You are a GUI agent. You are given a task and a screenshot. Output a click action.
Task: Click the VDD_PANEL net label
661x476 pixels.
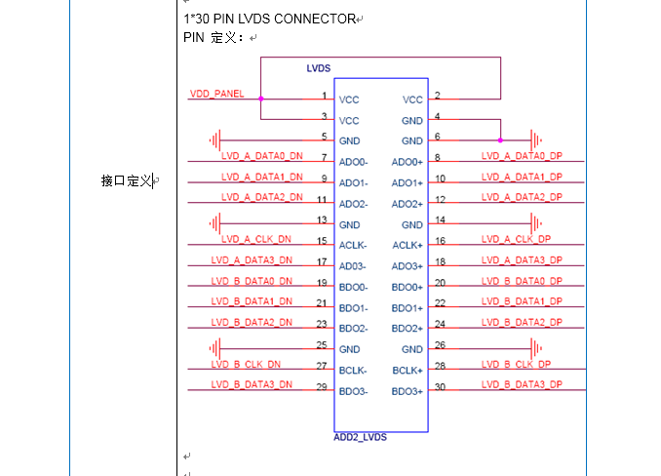coord(216,94)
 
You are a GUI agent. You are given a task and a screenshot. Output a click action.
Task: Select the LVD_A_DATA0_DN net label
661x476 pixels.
coord(262,156)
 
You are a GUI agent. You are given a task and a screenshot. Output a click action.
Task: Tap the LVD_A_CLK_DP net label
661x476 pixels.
coord(516,239)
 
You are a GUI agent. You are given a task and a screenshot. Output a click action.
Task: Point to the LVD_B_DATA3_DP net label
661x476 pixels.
coord(522,385)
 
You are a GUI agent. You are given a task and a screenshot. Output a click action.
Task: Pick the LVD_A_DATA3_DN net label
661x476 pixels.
coord(252,260)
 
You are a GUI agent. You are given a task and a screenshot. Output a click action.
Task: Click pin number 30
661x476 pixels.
coord(441,387)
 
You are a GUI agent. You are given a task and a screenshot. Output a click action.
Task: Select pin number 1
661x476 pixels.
coord(324,96)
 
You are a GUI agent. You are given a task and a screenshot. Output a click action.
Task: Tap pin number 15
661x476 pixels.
coord(322,241)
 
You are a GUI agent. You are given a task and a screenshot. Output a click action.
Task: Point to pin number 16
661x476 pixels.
coord(441,241)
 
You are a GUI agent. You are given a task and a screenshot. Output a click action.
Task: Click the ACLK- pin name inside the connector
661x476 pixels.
coord(353,246)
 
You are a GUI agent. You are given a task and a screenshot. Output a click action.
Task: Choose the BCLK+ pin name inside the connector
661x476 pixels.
coord(408,371)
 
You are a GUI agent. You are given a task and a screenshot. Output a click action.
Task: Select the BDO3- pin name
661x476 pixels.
coord(353,392)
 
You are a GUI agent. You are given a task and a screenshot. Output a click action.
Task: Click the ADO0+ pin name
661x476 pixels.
coord(408,162)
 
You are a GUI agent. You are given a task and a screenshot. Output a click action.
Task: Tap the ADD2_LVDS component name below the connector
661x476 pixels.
coord(360,437)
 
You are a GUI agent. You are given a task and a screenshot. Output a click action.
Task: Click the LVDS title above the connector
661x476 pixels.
coord(319,68)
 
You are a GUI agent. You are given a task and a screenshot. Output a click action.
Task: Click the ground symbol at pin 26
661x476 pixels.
coord(535,348)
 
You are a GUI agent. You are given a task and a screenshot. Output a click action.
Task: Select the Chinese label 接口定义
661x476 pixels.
coord(127,180)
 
